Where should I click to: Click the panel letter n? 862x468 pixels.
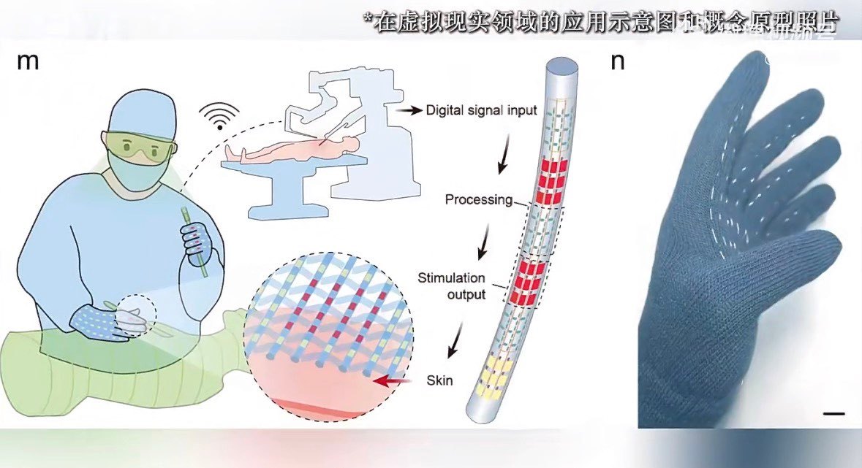(618, 62)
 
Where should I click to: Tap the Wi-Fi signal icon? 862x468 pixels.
(219, 117)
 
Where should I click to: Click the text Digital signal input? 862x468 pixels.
(481, 111)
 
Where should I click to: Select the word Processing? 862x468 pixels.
(478, 199)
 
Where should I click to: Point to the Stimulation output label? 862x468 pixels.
(451, 285)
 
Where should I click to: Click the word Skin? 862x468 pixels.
(439, 381)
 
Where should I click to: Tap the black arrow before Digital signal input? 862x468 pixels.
(410, 111)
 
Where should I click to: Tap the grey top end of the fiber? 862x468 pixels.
(561, 70)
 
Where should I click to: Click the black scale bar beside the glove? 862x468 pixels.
(833, 414)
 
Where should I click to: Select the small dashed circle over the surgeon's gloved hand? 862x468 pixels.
(137, 316)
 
